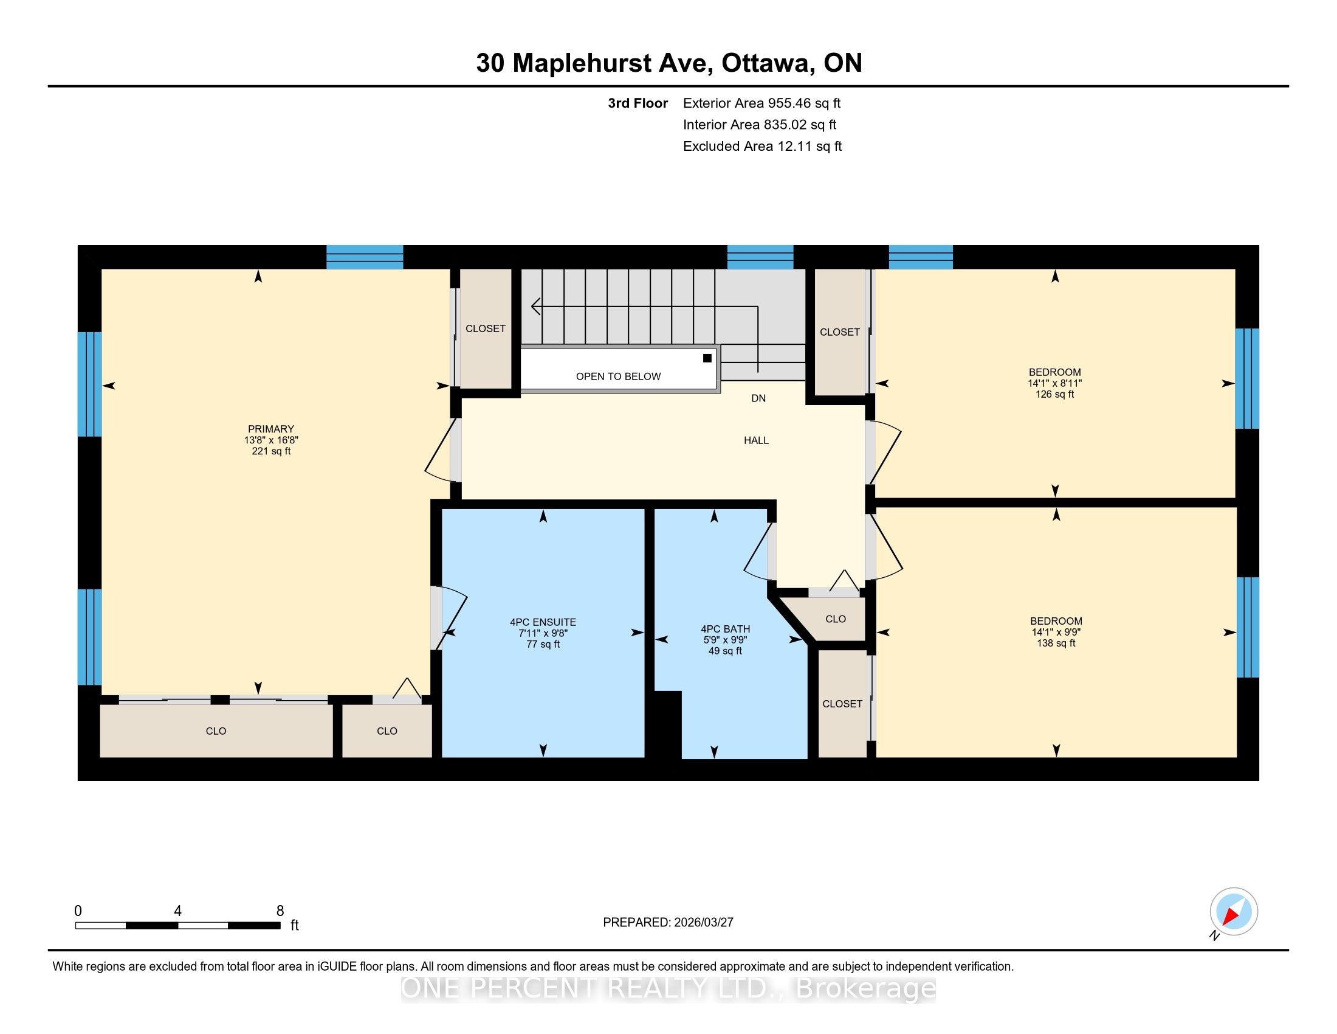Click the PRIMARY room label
270,429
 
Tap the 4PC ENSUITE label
543,622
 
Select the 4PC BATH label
726,629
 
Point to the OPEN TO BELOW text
618,376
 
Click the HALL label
756,440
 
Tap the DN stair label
758,398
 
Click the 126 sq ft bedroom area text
1055,395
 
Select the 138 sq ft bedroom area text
1056,643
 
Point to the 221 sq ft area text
271,451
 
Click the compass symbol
1234,911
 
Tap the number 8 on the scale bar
280,911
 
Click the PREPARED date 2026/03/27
703,922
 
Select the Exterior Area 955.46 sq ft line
762,103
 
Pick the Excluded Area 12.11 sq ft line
762,146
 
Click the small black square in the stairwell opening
707,358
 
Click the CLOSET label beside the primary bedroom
486,328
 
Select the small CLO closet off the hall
836,619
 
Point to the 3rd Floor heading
638,103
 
